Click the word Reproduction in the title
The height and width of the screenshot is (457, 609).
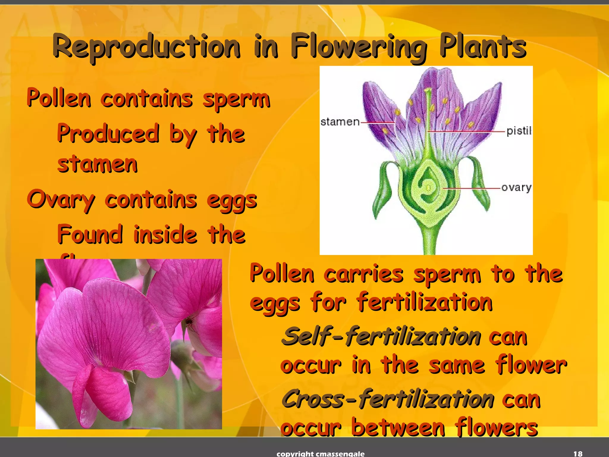pyautogui.click(x=146, y=47)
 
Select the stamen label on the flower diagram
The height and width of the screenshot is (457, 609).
pyautogui.click(x=340, y=122)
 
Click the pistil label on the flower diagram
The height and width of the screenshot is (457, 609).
pyautogui.click(x=519, y=131)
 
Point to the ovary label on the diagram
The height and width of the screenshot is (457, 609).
pyautogui.click(x=516, y=188)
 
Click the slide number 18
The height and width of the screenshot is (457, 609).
pyautogui.click(x=577, y=453)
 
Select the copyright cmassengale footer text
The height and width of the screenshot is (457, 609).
pyautogui.click(x=320, y=454)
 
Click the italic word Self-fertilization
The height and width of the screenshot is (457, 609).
pyautogui.click(x=381, y=337)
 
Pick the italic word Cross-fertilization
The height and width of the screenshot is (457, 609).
pyautogui.click(x=388, y=399)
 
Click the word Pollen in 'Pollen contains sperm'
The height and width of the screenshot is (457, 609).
pyautogui.click(x=59, y=98)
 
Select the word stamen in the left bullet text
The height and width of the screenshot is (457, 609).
pyautogui.click(x=98, y=164)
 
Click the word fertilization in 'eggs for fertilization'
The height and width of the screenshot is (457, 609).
pyautogui.click(x=425, y=303)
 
